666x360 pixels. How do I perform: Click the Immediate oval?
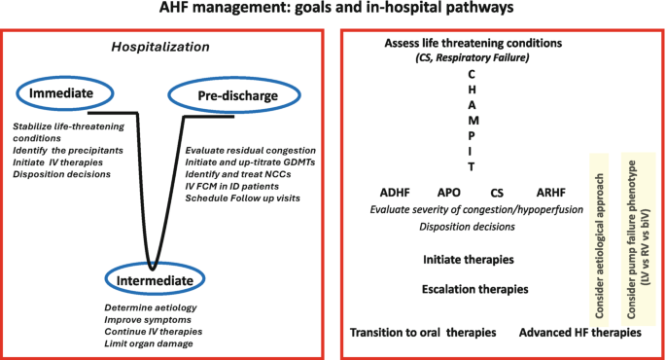coord(60,94)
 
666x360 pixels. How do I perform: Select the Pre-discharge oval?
coord(224,95)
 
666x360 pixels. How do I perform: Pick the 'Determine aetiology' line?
coord(150,307)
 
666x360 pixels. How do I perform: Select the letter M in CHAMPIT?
coord(472,120)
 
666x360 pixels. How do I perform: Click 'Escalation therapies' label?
coord(475,289)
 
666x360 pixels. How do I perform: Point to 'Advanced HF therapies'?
coord(579,333)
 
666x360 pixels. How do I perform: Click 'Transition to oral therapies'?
coord(423,333)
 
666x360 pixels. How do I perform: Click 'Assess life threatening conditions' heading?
coord(473,44)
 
